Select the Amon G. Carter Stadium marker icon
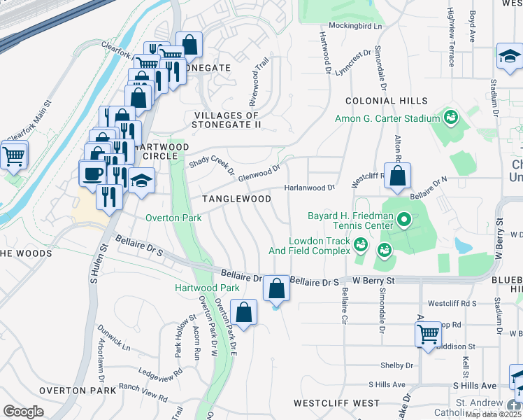point(450,116)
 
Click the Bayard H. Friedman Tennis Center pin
point(403,221)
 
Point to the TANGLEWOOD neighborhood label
point(236,199)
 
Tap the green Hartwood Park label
point(207,288)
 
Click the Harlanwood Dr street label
point(310,188)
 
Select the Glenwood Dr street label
point(259,172)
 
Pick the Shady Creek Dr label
point(212,164)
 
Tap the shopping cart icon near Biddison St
point(428,335)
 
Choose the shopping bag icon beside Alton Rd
point(397,177)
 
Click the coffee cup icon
point(91,173)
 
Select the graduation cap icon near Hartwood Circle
point(142,182)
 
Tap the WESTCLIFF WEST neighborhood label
point(336,403)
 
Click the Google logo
point(23,412)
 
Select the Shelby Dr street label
point(396,365)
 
